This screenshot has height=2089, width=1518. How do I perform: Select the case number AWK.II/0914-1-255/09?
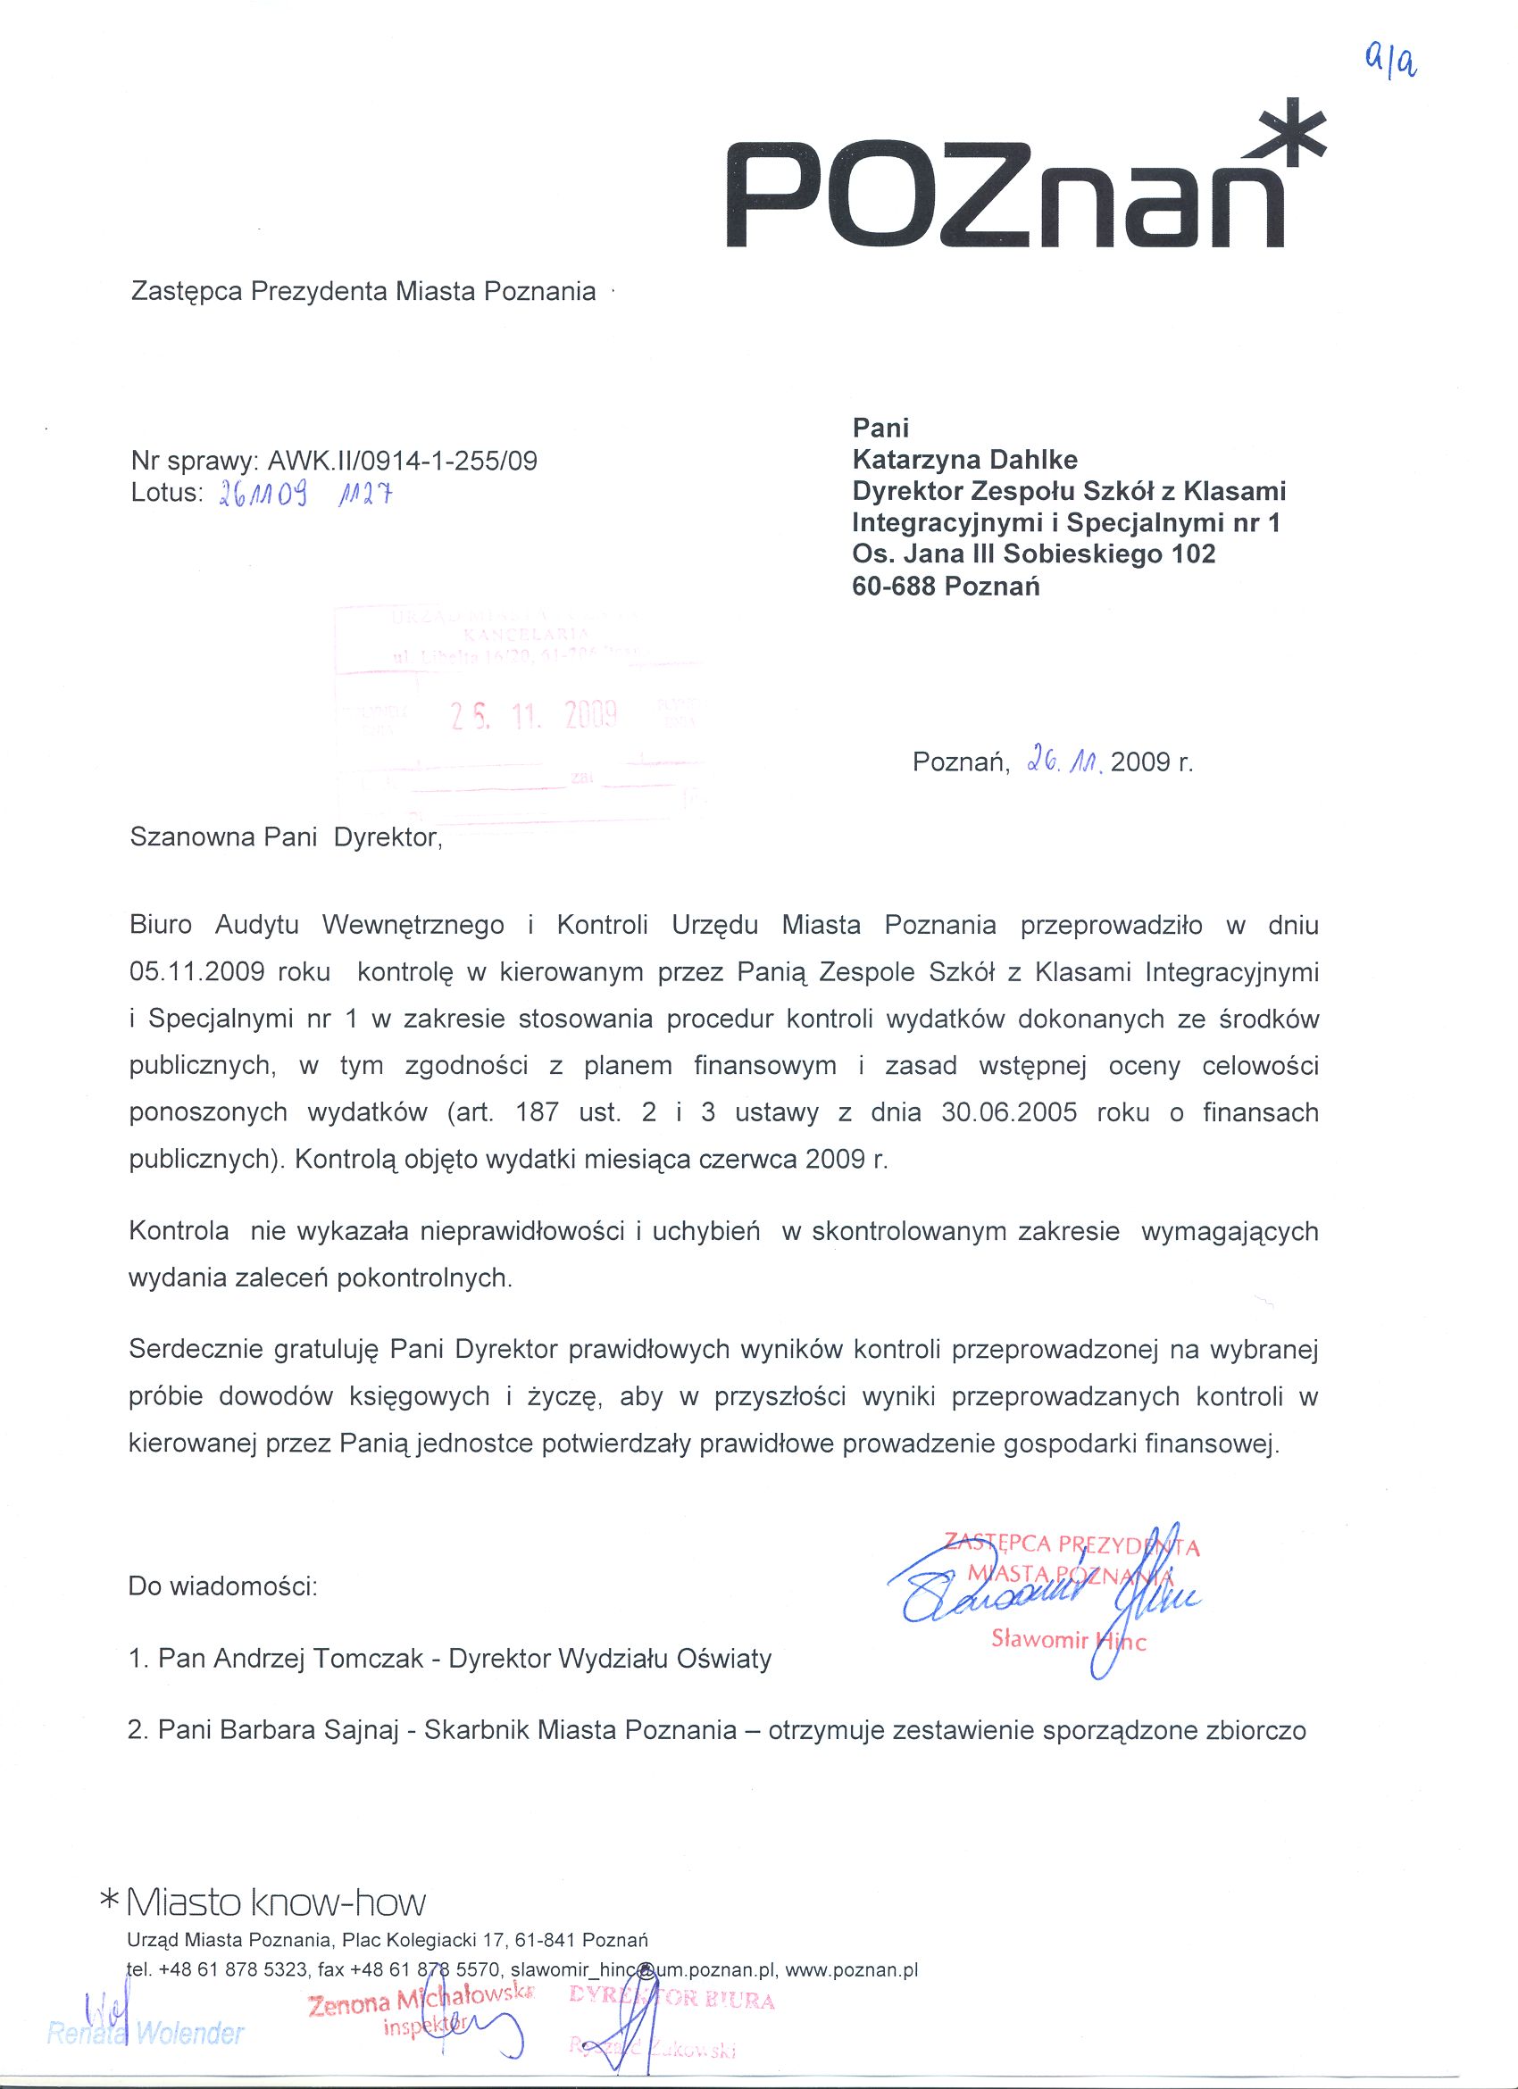point(402,461)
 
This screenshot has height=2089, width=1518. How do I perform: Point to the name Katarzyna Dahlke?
point(964,459)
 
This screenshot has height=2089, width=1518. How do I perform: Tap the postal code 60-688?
point(895,587)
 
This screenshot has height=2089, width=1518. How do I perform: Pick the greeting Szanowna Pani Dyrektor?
point(286,837)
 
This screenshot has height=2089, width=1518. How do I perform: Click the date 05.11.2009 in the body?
point(198,971)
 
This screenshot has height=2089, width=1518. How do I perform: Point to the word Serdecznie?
point(196,1350)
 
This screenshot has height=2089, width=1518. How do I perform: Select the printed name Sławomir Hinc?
point(1068,1640)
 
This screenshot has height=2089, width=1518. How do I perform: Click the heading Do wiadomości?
point(224,1587)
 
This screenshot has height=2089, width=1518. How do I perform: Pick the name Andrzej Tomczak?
point(319,1659)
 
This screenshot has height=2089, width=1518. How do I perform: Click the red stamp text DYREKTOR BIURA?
point(672,2000)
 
